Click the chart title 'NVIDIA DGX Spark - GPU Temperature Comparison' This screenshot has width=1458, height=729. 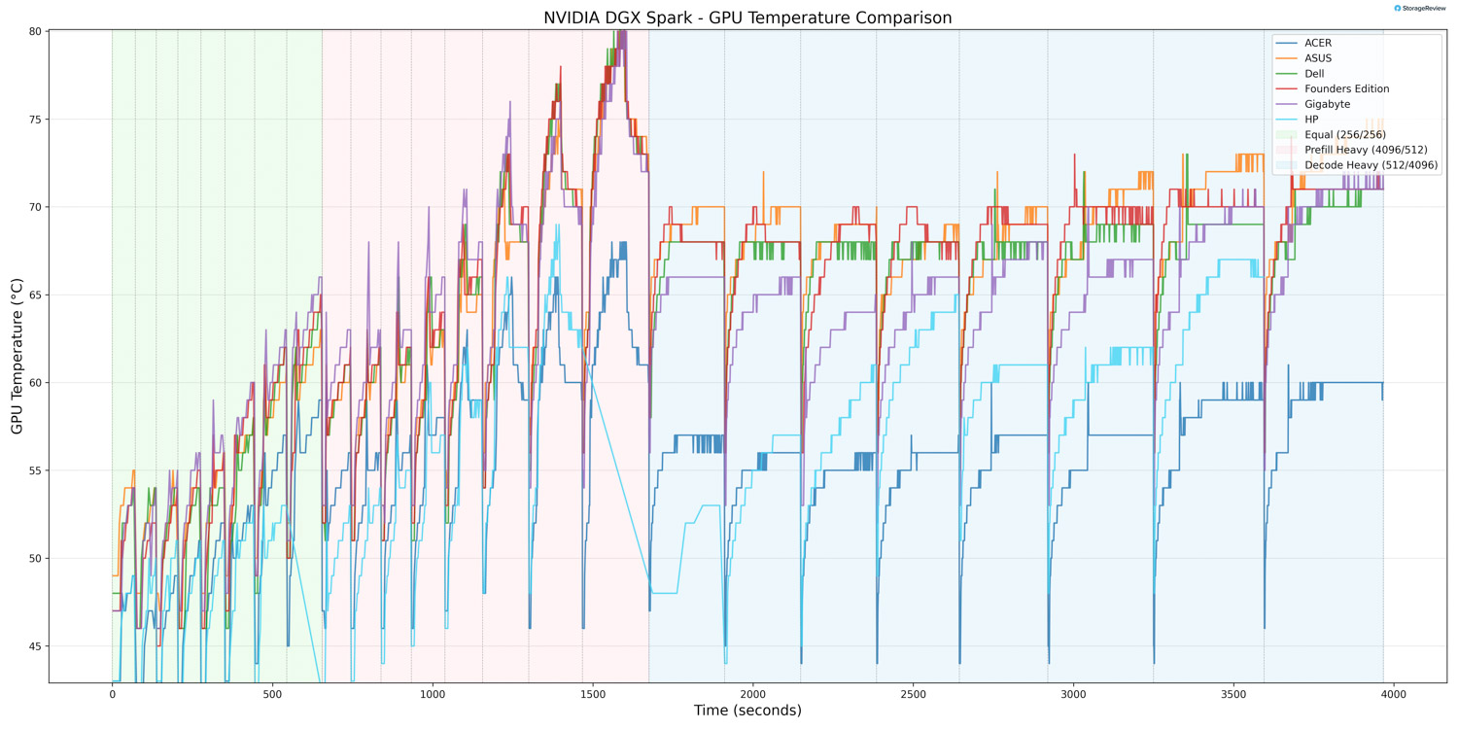click(747, 17)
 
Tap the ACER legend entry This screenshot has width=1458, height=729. click(1318, 43)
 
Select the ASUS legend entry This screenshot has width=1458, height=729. click(1318, 58)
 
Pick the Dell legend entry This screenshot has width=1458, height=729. click(1314, 74)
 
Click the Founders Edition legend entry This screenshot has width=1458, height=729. click(1346, 88)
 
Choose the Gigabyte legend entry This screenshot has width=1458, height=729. click(1327, 104)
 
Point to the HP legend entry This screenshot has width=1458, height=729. click(1311, 120)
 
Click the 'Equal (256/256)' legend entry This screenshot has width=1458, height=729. click(1344, 134)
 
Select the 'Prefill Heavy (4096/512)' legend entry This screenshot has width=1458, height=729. click(1366, 150)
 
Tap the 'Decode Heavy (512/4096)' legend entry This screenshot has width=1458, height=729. click(1371, 165)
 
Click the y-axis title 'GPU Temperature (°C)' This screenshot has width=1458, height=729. click(17, 356)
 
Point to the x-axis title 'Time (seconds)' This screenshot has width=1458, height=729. click(747, 711)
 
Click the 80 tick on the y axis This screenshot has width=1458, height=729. click(34, 31)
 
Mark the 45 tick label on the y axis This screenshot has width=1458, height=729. click(34, 646)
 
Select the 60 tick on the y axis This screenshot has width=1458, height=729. click(34, 383)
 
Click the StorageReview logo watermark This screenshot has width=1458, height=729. click(1420, 8)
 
